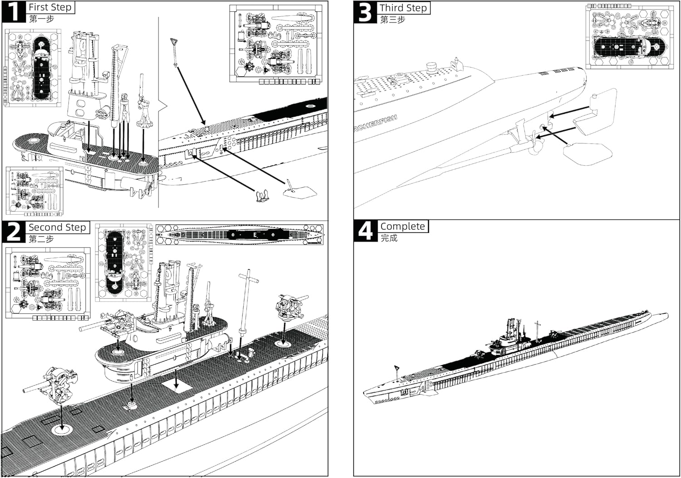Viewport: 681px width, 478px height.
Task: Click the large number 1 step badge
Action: click(x=14, y=12)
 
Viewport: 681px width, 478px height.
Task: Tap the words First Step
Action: click(x=50, y=7)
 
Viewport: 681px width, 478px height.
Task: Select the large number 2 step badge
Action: click(x=14, y=232)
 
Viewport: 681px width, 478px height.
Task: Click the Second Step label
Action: click(x=57, y=227)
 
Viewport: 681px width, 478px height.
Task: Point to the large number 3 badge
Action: click(x=365, y=12)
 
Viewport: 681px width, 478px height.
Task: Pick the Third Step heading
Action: click(x=403, y=8)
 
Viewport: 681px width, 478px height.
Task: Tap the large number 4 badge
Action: click(x=365, y=231)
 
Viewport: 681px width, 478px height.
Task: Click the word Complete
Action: click(x=403, y=226)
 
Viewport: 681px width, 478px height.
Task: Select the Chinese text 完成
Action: click(x=389, y=238)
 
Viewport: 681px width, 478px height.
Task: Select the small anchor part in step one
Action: click(x=262, y=197)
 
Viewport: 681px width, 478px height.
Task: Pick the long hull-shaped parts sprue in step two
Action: click(x=239, y=235)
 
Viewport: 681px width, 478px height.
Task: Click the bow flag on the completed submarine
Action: click(x=396, y=368)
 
